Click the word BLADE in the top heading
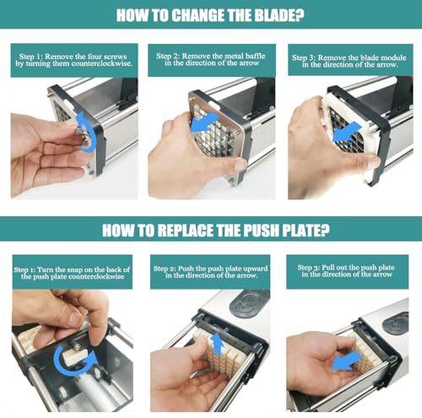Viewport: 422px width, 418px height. (x=273, y=15)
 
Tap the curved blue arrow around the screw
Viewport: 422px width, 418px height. (x=85, y=132)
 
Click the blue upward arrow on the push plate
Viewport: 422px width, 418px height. (x=217, y=345)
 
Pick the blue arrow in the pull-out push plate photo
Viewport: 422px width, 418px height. (x=346, y=361)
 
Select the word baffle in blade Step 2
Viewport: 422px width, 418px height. (x=256, y=56)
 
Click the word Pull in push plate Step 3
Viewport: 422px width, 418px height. (x=327, y=268)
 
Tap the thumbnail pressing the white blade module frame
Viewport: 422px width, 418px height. (x=373, y=162)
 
